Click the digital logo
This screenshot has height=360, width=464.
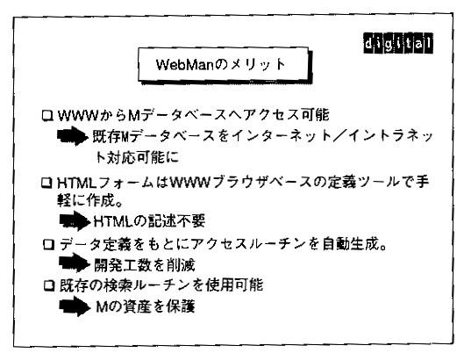[398, 43]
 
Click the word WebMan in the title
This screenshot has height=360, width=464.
[185, 65]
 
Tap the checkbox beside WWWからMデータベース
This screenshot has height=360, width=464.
[47, 116]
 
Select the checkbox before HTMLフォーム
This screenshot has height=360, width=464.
[46, 183]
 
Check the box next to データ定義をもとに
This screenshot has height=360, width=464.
[49, 244]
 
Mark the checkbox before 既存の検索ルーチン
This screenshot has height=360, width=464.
[49, 285]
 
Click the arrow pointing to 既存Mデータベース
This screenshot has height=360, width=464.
[73, 136]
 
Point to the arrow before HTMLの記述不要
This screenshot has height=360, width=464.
[75, 221]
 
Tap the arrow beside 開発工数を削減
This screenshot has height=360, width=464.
[75, 263]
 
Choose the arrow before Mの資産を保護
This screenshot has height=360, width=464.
[75, 306]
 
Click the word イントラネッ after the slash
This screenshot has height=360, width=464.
[390, 136]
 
